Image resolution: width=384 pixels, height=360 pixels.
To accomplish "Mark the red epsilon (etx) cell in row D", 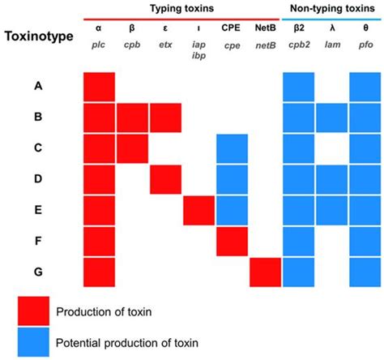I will coord(165,179).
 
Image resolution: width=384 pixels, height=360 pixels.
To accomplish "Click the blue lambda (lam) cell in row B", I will coord(331,118).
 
